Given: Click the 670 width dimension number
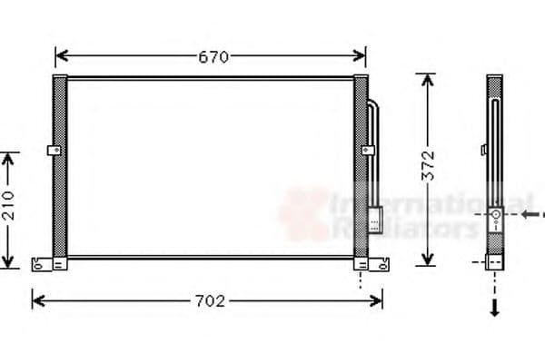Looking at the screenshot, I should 212,56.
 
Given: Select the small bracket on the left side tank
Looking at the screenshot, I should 54,151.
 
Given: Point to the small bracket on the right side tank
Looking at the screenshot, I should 368,151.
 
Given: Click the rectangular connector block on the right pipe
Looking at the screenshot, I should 375,219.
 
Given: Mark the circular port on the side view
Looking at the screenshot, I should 495,215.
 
